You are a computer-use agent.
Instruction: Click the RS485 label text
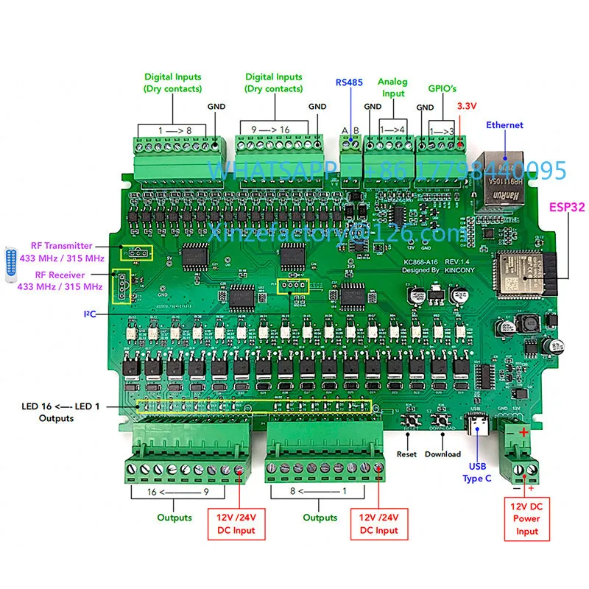(349, 82)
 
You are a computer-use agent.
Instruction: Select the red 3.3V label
(468, 107)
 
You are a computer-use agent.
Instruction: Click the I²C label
(89, 314)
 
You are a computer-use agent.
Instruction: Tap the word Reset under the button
(406, 454)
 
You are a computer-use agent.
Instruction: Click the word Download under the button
(442, 454)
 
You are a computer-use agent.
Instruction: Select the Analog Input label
(392, 88)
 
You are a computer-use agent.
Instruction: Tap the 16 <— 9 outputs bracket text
(173, 490)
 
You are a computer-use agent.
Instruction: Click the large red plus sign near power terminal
(523, 432)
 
